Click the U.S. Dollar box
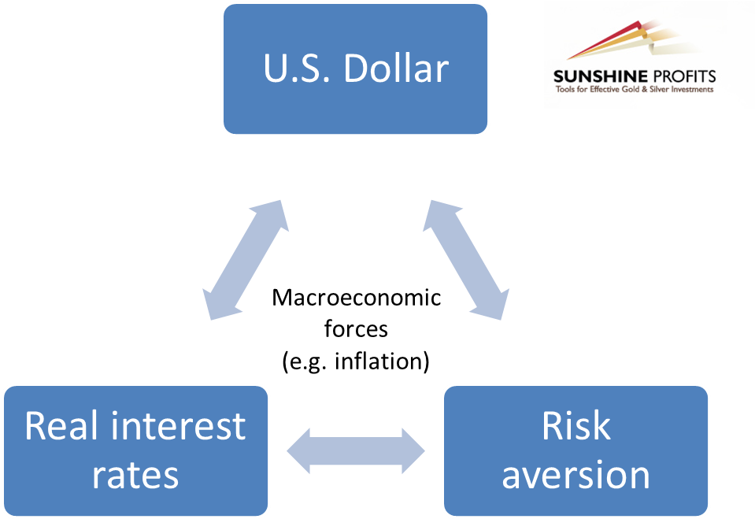pos(355,69)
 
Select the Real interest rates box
pos(135,450)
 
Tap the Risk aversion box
pos(576,450)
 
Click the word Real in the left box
pos(60,426)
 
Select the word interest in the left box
pos(179,426)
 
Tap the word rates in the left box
pos(135,475)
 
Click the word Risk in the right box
pos(576,426)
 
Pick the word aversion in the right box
pos(576,475)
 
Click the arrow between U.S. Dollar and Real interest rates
pos(246,259)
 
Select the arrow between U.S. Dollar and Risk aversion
pos(465,259)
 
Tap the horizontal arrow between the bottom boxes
pos(355,451)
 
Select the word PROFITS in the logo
pos(683,76)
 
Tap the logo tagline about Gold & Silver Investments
pos(634,90)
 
